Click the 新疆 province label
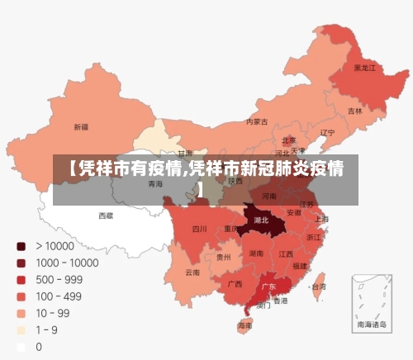[81, 127]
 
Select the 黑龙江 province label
[364, 68]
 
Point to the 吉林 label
[354, 111]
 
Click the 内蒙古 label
[257, 121]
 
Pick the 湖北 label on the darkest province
[261, 220]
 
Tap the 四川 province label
[200, 229]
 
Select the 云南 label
[192, 272]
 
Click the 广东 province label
[268, 287]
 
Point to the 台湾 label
[317, 287]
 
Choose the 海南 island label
[245, 326]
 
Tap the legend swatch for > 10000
[21, 245]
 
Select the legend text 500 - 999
[59, 279]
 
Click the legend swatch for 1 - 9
[21, 330]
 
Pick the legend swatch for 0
[21, 347]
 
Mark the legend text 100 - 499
[59, 296]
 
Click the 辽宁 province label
[327, 132]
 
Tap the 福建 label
[300, 266]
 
